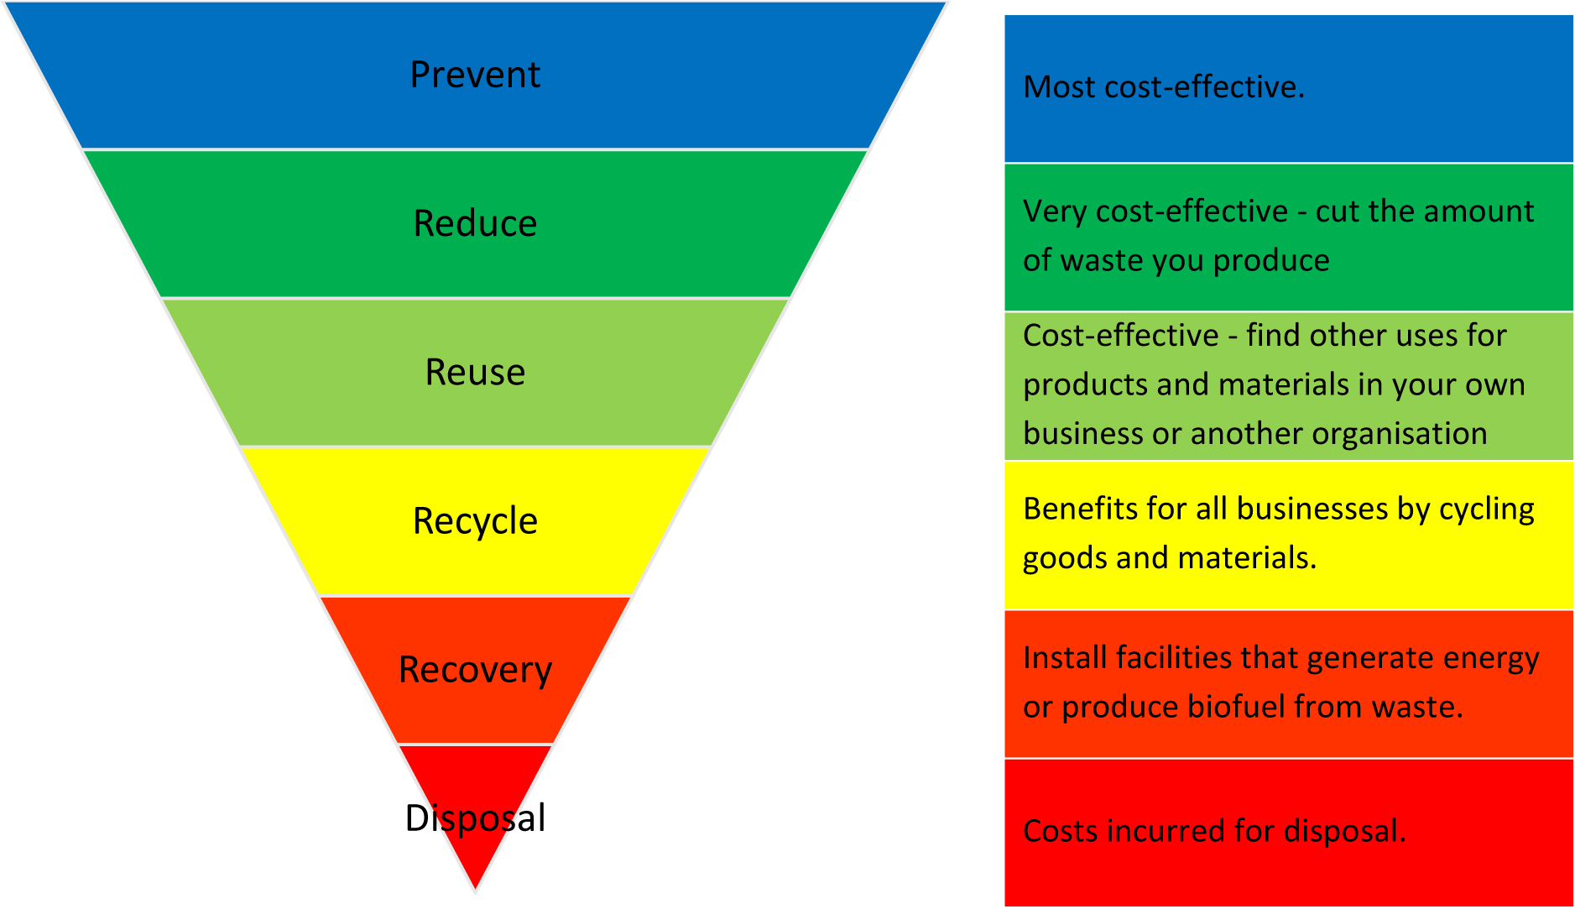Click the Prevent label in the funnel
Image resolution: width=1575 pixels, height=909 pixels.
[x=475, y=75]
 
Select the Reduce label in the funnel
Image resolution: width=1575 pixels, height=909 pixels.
[x=475, y=223]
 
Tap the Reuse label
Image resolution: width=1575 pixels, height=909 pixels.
[x=475, y=372]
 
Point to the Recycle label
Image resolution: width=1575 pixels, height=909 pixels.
[x=475, y=521]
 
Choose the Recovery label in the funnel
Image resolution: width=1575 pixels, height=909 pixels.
[x=475, y=670]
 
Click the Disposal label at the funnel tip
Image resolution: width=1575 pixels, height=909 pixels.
[x=475, y=818]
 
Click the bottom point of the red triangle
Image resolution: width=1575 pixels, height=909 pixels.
[x=475, y=887]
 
